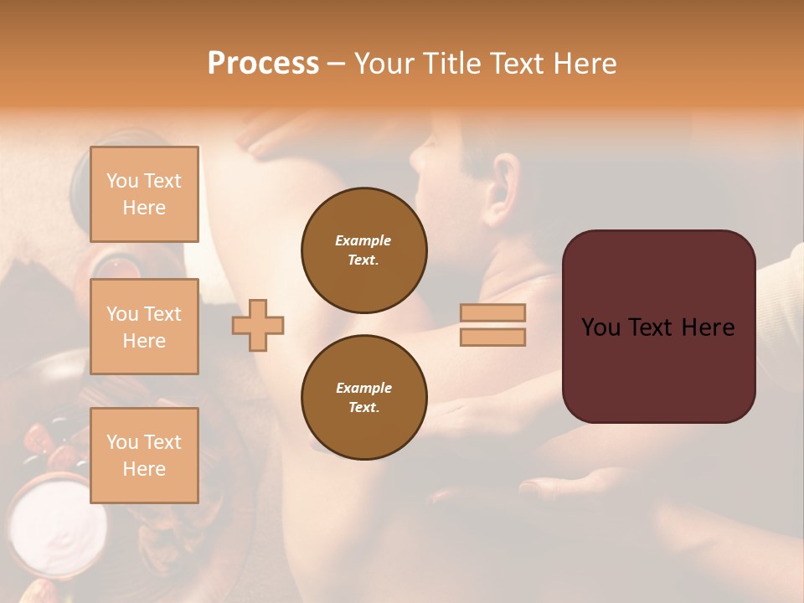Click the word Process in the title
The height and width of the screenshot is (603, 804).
(263, 64)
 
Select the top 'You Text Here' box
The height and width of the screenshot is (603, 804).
(144, 193)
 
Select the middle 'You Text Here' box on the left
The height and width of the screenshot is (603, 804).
(144, 327)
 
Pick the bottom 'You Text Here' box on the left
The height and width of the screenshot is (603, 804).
(144, 455)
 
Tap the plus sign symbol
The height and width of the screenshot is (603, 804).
(258, 325)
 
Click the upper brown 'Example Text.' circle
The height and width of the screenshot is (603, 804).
(363, 250)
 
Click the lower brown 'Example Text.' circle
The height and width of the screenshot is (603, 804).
(363, 398)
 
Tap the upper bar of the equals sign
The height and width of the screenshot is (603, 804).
(492, 313)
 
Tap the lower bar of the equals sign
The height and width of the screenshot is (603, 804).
(492, 338)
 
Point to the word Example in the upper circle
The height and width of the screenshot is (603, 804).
(363, 240)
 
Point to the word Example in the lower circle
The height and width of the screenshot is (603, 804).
(363, 388)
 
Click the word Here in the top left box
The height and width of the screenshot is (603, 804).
(144, 208)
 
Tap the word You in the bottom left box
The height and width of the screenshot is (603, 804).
(122, 442)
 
